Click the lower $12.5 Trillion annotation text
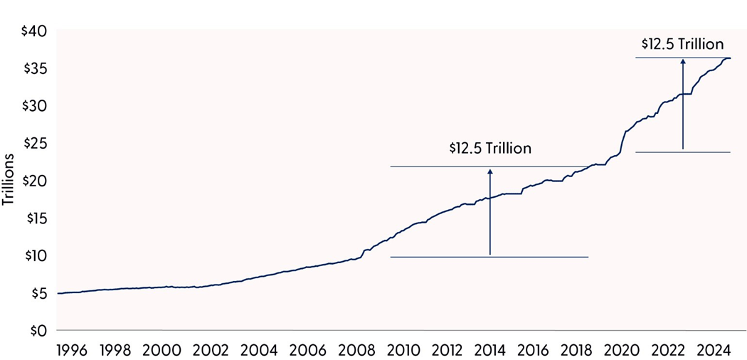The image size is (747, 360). tap(490, 149)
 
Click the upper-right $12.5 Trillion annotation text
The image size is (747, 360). tap(682, 44)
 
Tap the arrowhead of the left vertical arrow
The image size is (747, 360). tap(490, 171)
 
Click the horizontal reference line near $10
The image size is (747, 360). tap(490, 257)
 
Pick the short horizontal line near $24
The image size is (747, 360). tap(683, 152)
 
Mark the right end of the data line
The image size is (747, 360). tap(730, 58)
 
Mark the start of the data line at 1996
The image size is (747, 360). tap(58, 293)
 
